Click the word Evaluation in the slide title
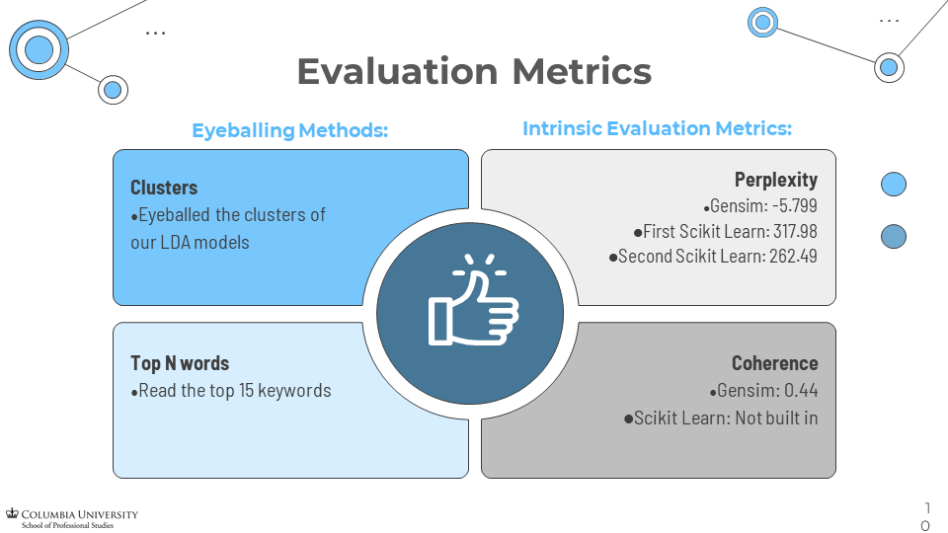(397, 72)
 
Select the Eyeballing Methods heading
(289, 130)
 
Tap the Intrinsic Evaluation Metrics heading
(657, 129)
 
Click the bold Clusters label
(164, 188)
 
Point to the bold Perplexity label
(775, 180)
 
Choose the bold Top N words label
(180, 364)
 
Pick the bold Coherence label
(774, 364)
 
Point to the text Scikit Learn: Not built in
(726, 418)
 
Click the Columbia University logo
(72, 518)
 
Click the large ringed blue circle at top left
(39, 48)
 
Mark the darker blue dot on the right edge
(893, 237)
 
